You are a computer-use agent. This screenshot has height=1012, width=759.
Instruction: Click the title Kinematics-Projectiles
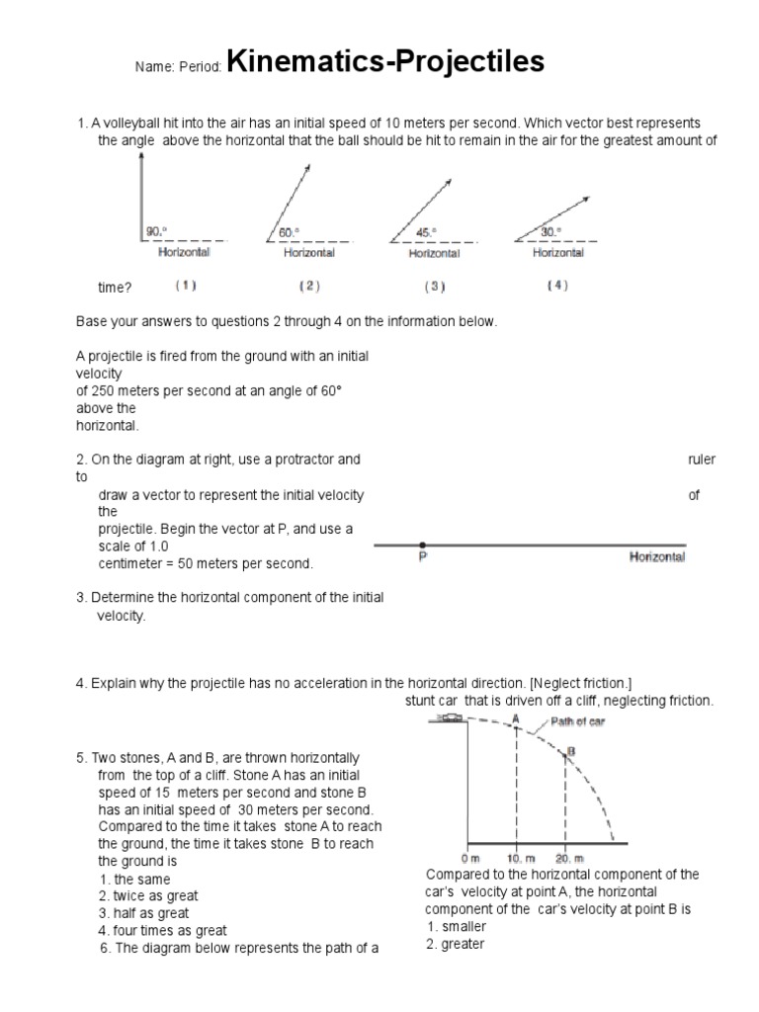click(385, 62)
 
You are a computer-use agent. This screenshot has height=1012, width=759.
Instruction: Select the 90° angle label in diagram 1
click(156, 231)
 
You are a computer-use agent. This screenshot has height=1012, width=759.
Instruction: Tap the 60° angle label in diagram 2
click(288, 231)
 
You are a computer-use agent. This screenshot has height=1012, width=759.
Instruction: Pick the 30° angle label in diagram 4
click(550, 231)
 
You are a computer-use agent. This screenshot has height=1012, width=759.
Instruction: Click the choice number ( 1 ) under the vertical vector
click(186, 287)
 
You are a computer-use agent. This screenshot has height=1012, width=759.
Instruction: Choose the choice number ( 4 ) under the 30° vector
click(558, 287)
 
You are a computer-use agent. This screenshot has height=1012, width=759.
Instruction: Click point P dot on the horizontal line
click(423, 545)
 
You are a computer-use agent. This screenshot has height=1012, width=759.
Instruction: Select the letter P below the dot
click(423, 558)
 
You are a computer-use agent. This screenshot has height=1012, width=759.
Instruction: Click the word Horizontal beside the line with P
click(657, 557)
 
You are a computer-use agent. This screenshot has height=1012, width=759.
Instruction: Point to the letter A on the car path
click(515, 719)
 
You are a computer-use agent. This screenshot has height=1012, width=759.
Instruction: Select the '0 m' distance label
click(470, 857)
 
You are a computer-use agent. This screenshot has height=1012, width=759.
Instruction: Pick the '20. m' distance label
click(569, 857)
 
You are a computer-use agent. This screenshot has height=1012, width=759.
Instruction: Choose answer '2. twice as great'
click(149, 896)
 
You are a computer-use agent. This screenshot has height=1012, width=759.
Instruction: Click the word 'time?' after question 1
click(114, 288)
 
